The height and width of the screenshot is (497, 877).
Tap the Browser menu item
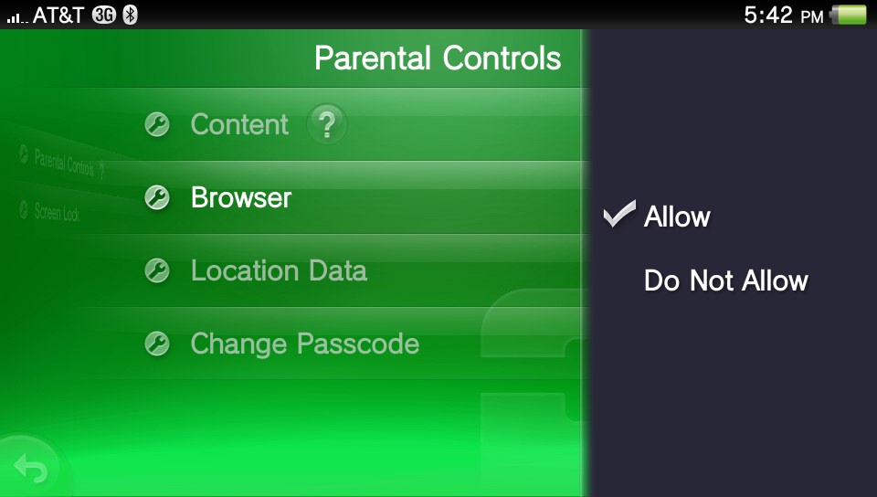pyautogui.click(x=241, y=197)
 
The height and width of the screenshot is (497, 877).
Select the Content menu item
pyautogui.click(x=239, y=124)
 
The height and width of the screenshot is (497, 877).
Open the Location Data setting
pyautogui.click(x=279, y=270)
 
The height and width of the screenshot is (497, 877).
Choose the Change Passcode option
pyautogui.click(x=305, y=344)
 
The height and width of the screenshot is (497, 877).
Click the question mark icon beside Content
pyautogui.click(x=327, y=124)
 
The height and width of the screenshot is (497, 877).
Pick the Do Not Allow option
pyautogui.click(x=726, y=280)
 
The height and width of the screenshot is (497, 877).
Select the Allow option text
pyautogui.click(x=677, y=217)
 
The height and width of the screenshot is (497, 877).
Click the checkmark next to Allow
pyautogui.click(x=619, y=214)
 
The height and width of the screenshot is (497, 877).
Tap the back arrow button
pyautogui.click(x=31, y=467)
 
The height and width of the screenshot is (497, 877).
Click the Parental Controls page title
pyautogui.click(x=438, y=58)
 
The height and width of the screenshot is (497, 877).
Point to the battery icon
pyautogui.click(x=848, y=16)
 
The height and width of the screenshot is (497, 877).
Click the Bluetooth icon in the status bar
pyautogui.click(x=131, y=16)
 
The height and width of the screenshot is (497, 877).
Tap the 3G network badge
pyautogui.click(x=104, y=16)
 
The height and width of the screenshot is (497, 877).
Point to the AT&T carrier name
pyautogui.click(x=58, y=16)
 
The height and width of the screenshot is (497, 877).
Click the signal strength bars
pyautogui.click(x=17, y=18)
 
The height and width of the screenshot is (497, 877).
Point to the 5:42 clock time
pyautogui.click(x=768, y=16)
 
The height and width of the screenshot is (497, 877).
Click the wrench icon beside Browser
pyautogui.click(x=157, y=198)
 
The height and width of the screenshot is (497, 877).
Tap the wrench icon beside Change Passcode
pyautogui.click(x=157, y=344)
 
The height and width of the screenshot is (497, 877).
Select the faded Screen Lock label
pyautogui.click(x=57, y=212)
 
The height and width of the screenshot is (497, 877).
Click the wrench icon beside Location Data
pyautogui.click(x=157, y=270)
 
